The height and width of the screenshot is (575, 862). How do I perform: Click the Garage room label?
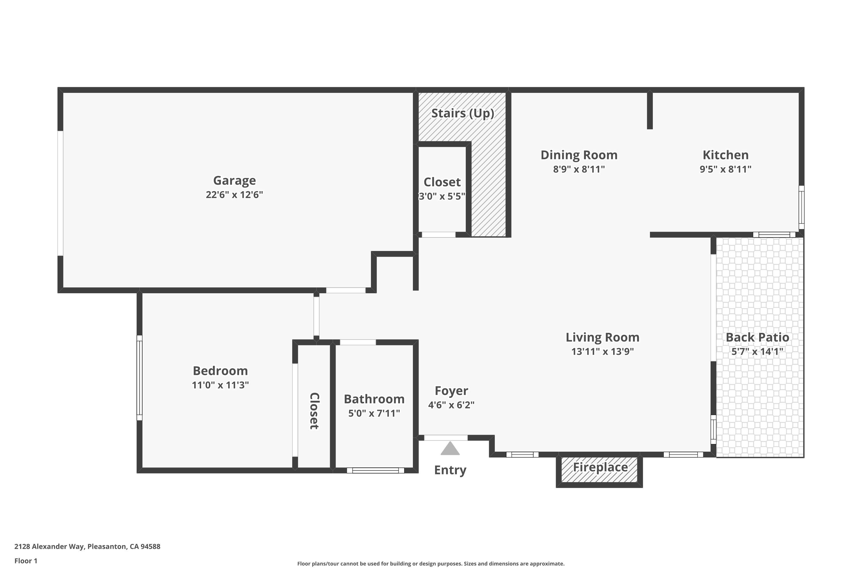pyautogui.click(x=234, y=181)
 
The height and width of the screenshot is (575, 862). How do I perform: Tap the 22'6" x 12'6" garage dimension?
pyautogui.click(x=234, y=195)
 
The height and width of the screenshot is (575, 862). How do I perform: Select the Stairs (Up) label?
pyautogui.click(x=463, y=113)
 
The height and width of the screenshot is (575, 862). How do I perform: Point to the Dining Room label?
pyautogui.click(x=579, y=155)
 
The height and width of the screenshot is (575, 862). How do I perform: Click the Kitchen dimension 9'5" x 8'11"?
pyautogui.click(x=726, y=169)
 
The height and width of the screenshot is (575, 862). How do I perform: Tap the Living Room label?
pyautogui.click(x=603, y=337)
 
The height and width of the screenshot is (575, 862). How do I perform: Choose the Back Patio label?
pyautogui.click(x=757, y=337)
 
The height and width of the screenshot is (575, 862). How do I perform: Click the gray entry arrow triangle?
pyautogui.click(x=450, y=448)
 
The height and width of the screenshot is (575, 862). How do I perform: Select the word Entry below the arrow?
pyautogui.click(x=450, y=470)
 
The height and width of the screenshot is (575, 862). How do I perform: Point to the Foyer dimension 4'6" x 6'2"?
pyautogui.click(x=451, y=405)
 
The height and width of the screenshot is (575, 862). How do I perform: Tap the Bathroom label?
pyautogui.click(x=374, y=399)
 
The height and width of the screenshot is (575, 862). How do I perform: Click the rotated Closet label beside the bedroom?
pyautogui.click(x=314, y=411)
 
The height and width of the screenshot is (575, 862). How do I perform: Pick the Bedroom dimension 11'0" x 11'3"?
pyautogui.click(x=220, y=385)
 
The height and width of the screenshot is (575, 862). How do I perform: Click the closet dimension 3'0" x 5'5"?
pyautogui.click(x=442, y=196)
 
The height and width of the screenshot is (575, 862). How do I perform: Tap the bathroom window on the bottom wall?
pyautogui.click(x=375, y=470)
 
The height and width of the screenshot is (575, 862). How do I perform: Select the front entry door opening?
pyautogui.click(x=446, y=438)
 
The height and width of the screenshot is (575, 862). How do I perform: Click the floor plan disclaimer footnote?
pyautogui.click(x=431, y=563)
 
